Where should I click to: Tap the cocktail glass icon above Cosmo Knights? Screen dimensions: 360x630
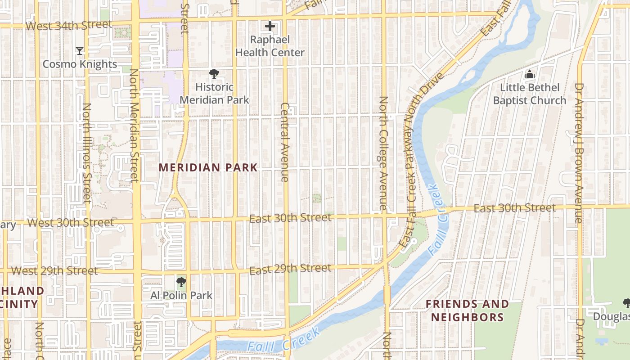80,50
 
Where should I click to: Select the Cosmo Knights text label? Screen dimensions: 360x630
80,64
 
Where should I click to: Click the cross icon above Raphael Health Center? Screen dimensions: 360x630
270,27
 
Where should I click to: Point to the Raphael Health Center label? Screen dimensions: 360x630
270,46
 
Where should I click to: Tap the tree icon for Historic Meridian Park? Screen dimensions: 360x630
214,74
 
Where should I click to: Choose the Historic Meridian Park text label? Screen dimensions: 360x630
214,93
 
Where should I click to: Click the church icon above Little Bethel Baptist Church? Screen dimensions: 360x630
530,74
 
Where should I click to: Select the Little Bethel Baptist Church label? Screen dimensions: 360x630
530,94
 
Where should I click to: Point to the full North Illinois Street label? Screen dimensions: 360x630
86,153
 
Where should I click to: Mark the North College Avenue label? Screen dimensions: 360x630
383,154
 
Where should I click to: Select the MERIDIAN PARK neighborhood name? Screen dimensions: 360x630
208,167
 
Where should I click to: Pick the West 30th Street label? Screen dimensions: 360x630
71,223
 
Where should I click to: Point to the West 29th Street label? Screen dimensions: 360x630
54,271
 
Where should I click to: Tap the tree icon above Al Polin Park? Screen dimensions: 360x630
181,282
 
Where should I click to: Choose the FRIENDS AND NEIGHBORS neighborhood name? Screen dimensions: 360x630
467,310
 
